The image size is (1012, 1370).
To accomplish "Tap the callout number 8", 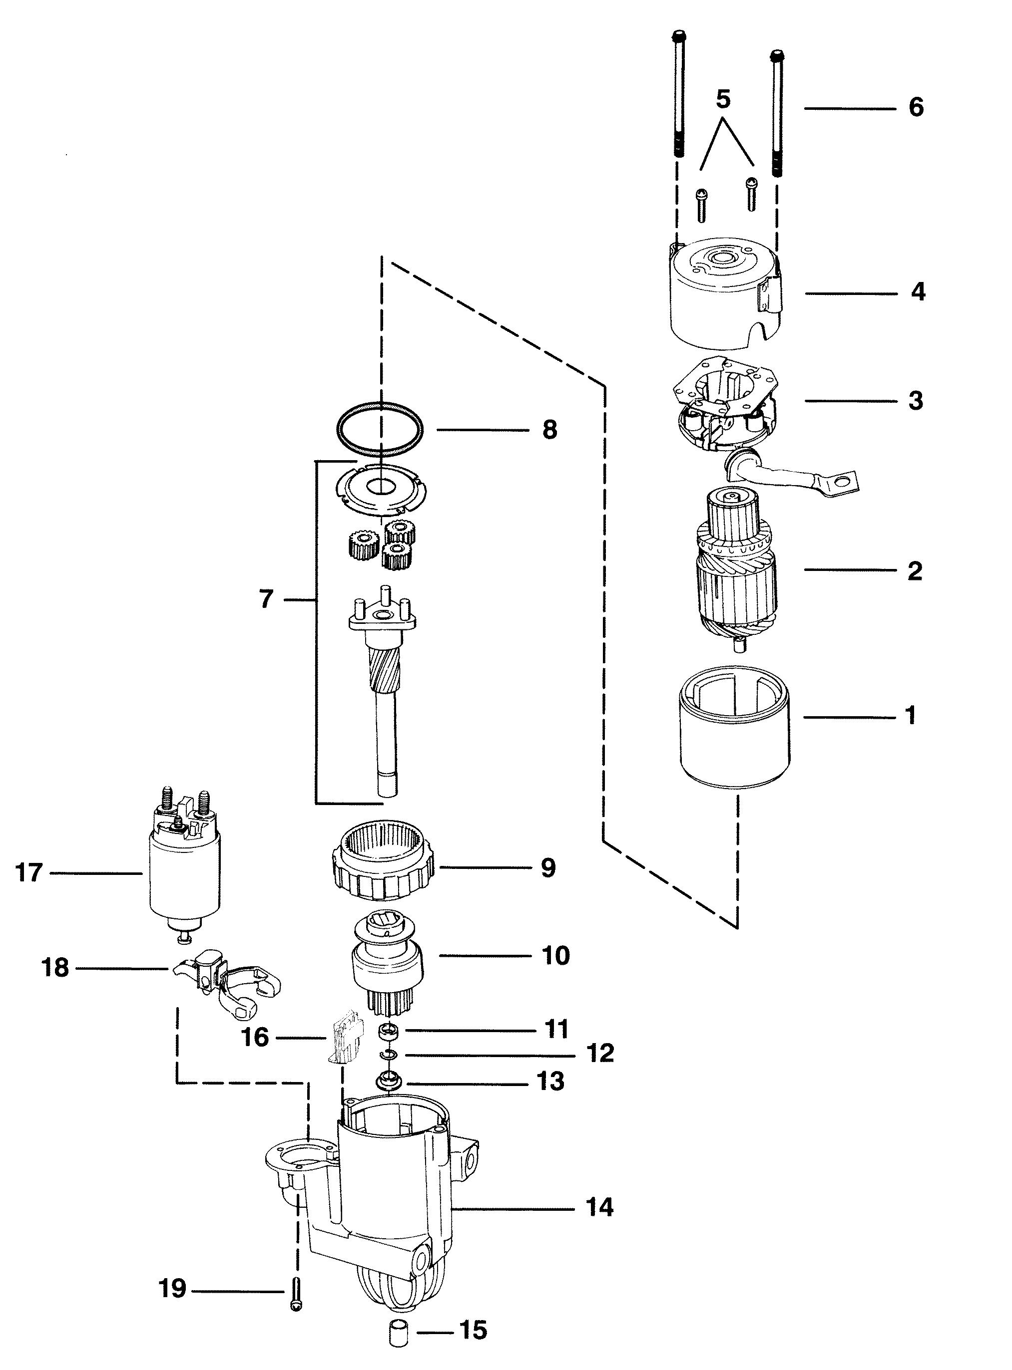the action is [x=549, y=430].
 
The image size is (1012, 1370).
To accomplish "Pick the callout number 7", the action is [x=265, y=599].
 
